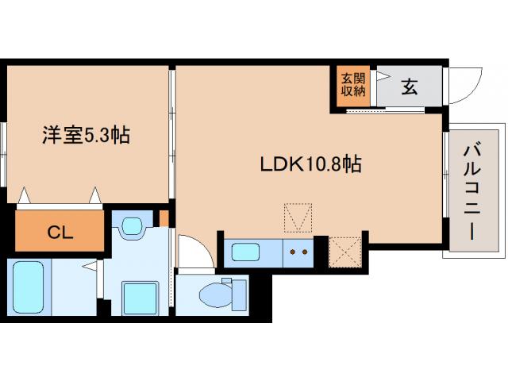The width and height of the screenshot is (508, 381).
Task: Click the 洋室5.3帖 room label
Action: point(86,136)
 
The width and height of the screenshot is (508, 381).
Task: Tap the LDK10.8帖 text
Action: point(311,164)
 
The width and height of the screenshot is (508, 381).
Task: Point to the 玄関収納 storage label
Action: point(353,84)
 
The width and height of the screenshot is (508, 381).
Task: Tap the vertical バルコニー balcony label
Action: point(473,191)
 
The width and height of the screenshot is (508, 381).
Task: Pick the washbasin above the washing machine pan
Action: point(132,226)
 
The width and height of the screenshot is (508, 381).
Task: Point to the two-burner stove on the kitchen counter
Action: point(300,254)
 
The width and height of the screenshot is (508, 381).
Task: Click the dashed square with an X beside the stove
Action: point(344,252)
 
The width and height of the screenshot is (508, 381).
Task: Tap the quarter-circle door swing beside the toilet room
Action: point(193,254)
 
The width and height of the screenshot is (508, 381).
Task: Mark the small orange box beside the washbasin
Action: point(164,217)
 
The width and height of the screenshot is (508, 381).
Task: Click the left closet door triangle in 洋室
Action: point(25,194)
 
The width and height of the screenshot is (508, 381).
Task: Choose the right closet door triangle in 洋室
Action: point(95,194)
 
